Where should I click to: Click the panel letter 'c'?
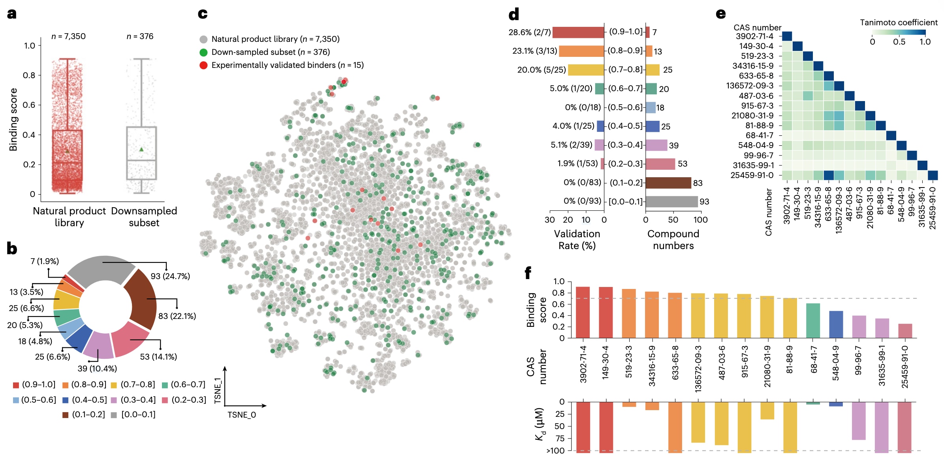[203, 14]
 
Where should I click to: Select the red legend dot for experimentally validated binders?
[203, 65]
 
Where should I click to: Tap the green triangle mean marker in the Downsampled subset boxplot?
[141, 149]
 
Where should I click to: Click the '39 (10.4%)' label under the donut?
[97, 369]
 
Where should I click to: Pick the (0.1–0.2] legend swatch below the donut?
[66, 415]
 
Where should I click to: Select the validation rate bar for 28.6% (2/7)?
[578, 32]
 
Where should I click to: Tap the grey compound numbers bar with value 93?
[671, 202]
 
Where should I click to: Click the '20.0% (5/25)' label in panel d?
[542, 70]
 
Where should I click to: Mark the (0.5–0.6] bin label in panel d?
[625, 107]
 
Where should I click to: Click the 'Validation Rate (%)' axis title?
[577, 240]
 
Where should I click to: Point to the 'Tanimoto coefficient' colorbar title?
[899, 22]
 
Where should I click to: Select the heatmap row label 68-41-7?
[759, 135]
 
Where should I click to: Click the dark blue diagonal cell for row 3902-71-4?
[787, 36]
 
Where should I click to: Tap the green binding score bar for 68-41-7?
[813, 321]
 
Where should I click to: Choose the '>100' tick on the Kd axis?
[555, 451]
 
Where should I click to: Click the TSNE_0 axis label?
[241, 415]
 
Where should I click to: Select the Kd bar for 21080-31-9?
[767, 411]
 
